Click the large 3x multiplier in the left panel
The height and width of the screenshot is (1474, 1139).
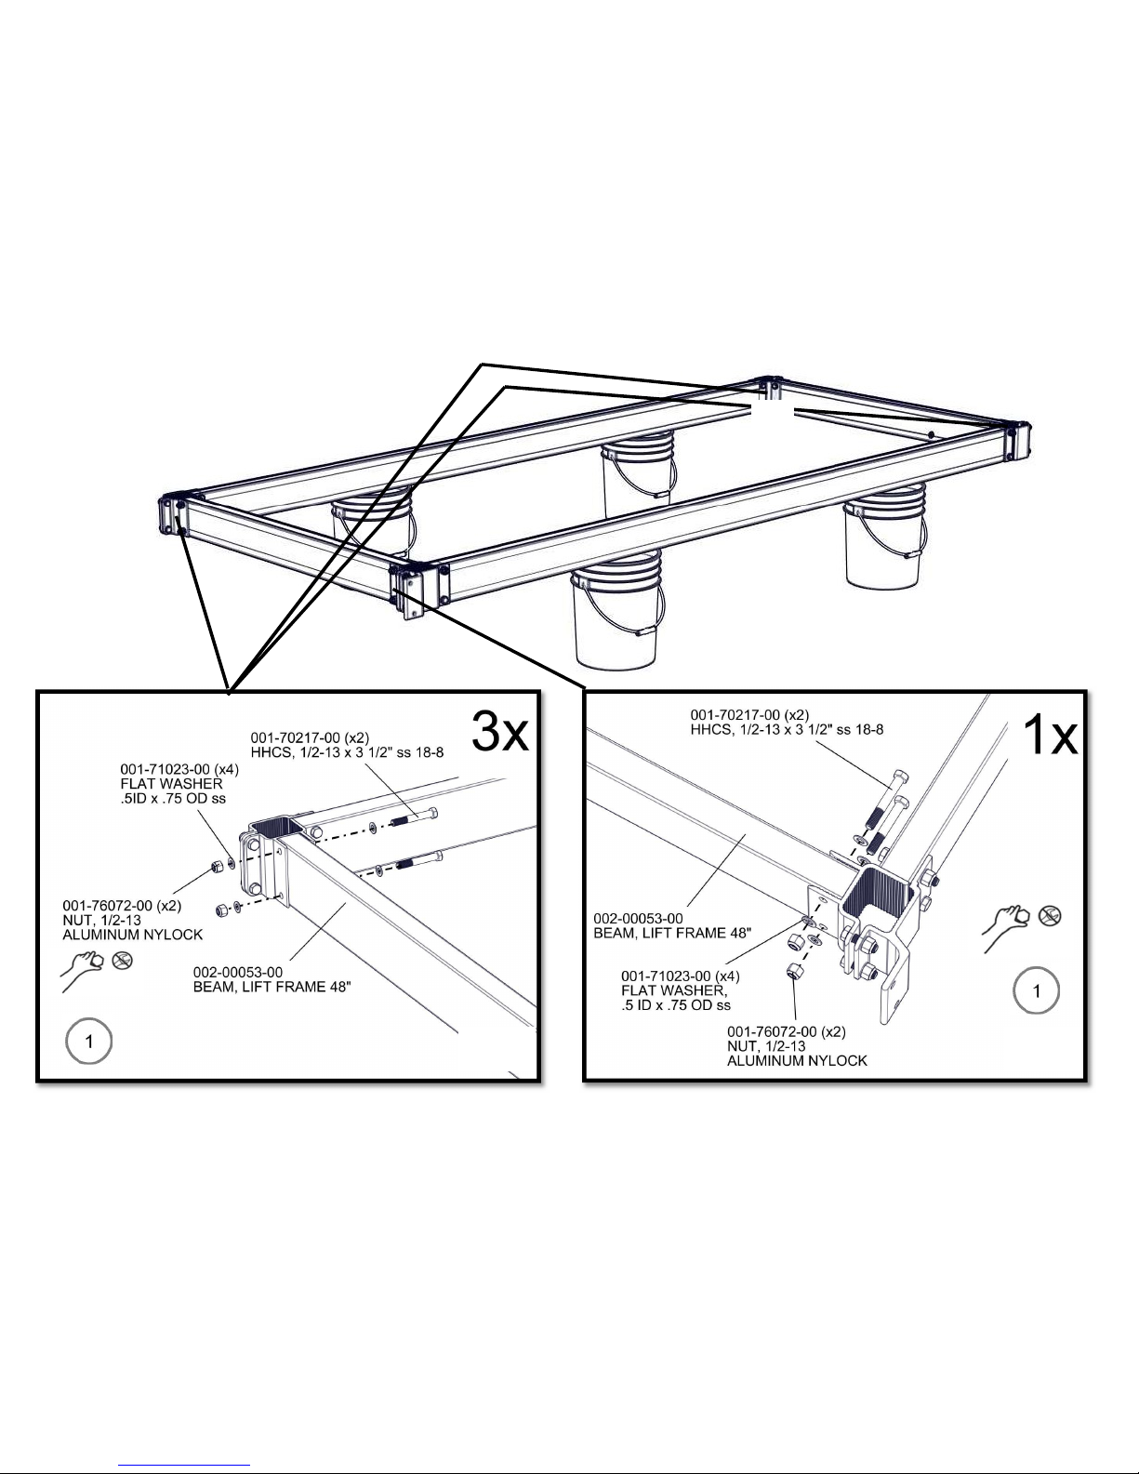(x=499, y=732)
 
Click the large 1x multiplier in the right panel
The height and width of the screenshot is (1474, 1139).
(x=1050, y=735)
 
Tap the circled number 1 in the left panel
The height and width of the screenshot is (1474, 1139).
(x=89, y=1042)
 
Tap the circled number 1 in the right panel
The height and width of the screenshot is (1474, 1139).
(x=1036, y=991)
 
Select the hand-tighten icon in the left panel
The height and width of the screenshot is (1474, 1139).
(x=82, y=972)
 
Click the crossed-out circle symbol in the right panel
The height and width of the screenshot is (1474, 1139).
(x=1050, y=916)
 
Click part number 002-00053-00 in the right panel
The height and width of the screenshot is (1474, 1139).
(x=638, y=919)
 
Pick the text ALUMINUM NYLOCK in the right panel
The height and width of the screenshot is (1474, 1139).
(x=797, y=1060)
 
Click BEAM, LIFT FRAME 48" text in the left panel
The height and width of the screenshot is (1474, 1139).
(x=272, y=987)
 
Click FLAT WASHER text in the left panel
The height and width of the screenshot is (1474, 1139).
(x=171, y=783)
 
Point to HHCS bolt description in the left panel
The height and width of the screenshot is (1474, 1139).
(x=347, y=752)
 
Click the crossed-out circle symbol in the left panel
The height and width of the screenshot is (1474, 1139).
(x=122, y=961)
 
